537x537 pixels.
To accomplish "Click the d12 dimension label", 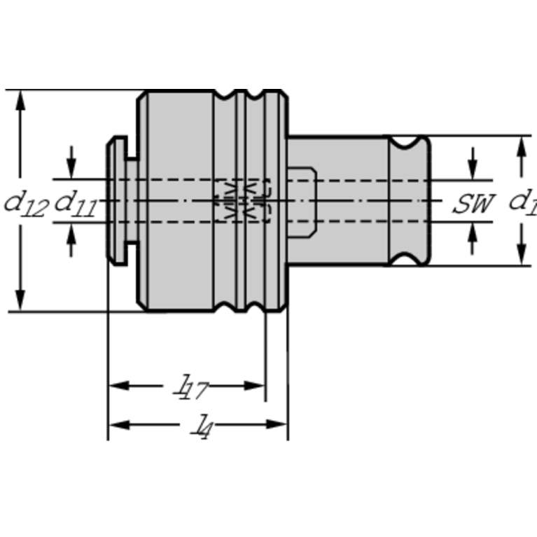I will point(25,203).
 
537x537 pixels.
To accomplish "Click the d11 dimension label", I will point(75,203).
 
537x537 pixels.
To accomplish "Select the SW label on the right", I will point(473,204).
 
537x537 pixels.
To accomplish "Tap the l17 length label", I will point(190,386).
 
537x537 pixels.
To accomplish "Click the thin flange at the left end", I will point(116,200).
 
